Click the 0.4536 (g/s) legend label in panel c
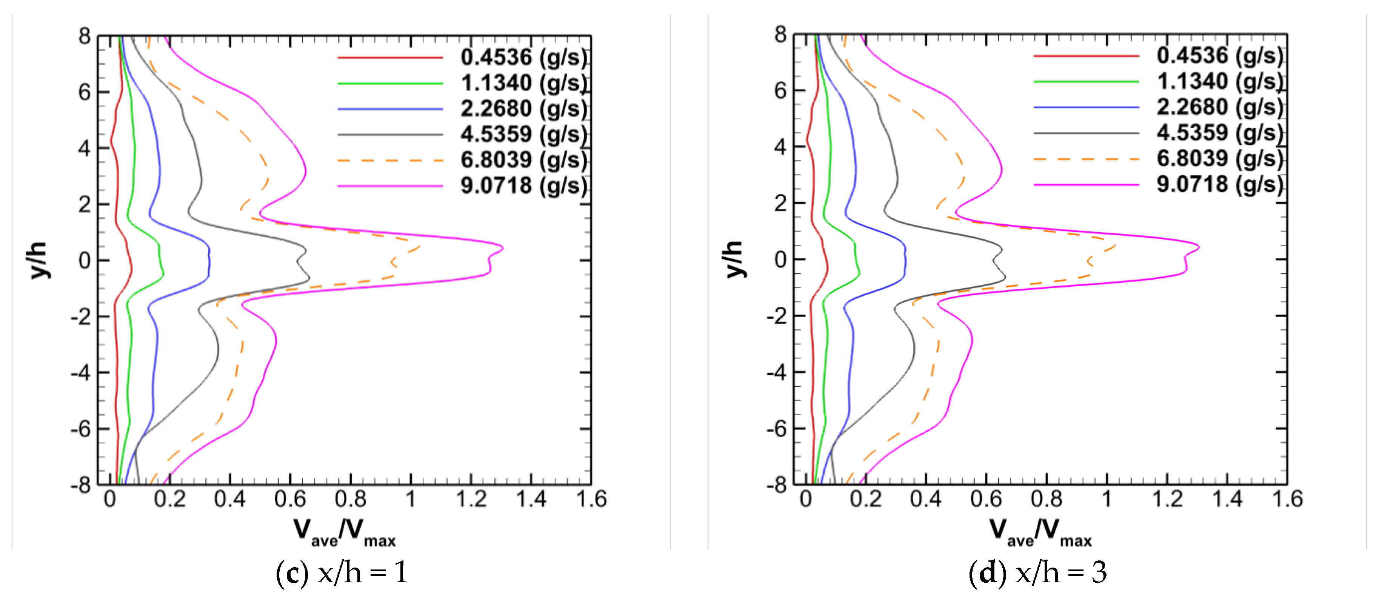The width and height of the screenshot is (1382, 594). coord(523,57)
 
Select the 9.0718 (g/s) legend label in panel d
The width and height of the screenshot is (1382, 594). coord(1219,185)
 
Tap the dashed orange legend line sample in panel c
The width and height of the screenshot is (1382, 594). coord(390,160)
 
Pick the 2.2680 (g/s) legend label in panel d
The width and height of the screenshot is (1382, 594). coord(1219,107)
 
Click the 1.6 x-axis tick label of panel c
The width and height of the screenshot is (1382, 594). coord(591,500)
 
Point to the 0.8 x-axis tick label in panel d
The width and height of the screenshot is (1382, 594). coord(1046,500)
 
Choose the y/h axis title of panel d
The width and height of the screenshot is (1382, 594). coord(734,259)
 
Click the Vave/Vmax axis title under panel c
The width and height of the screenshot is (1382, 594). coord(345,533)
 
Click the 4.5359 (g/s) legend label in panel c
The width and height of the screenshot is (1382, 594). coord(523,134)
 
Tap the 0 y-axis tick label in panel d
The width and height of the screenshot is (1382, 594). coord(780,260)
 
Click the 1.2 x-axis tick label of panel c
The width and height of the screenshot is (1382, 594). coord(471,500)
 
